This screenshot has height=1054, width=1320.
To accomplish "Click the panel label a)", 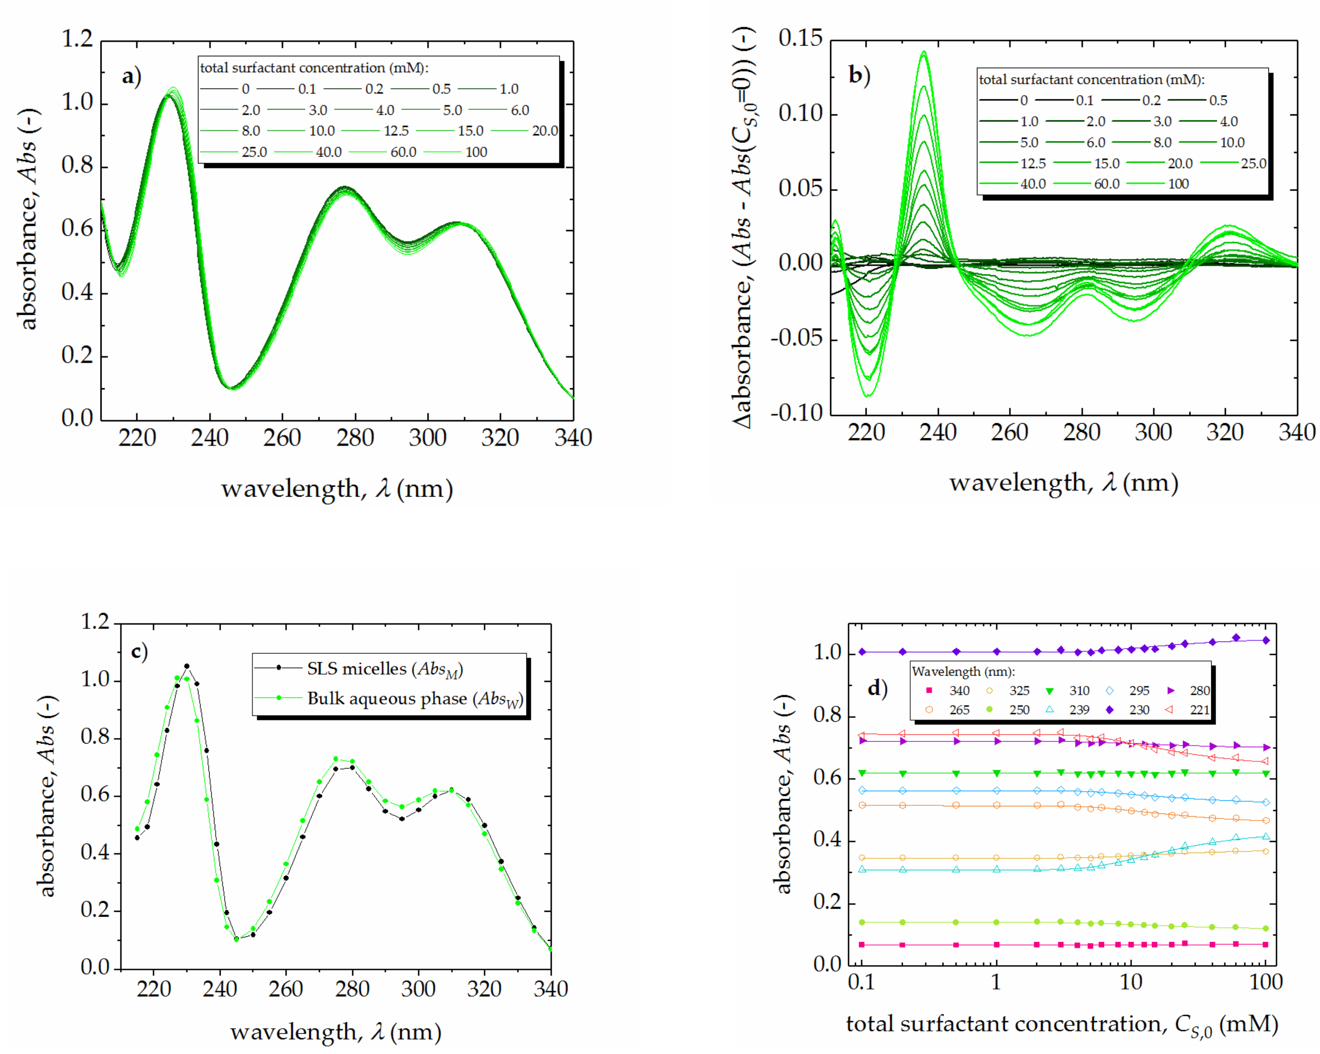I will [131, 77].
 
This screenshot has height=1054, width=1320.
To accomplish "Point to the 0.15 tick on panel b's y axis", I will [800, 39].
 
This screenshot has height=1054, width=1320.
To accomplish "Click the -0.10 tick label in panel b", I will [796, 413].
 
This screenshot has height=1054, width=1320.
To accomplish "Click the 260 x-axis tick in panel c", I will [286, 988].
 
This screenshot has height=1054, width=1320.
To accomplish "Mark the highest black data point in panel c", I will [187, 666].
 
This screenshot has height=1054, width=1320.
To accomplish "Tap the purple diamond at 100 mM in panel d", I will [1266, 640].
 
